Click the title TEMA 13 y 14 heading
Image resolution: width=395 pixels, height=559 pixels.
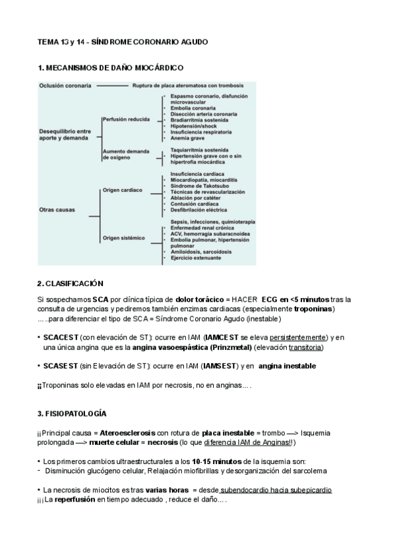click(122, 42)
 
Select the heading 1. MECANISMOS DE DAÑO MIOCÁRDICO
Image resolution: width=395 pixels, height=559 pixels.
click(111, 69)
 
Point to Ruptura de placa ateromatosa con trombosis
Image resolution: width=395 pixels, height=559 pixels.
click(187, 86)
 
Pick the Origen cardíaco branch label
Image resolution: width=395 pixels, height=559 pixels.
click(122, 190)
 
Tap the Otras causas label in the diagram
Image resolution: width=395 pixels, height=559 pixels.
click(57, 210)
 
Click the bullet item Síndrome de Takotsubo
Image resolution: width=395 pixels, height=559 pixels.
click(199, 186)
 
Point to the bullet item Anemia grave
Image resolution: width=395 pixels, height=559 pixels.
click(190, 139)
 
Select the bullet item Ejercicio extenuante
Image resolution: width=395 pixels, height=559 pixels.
click(196, 258)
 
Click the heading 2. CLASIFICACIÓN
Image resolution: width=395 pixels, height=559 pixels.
click(71, 283)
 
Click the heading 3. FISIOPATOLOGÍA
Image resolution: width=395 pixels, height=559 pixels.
click(71, 413)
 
